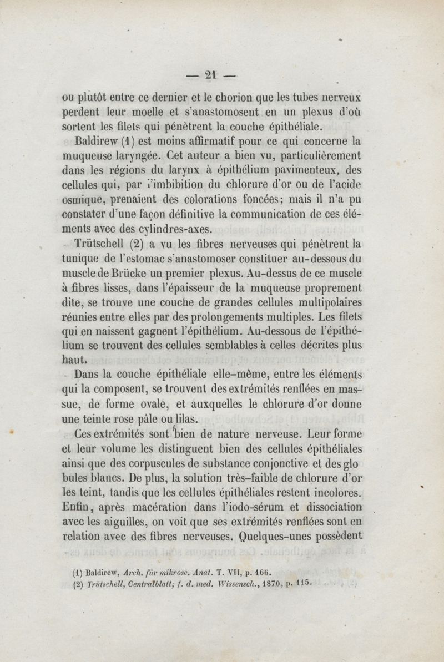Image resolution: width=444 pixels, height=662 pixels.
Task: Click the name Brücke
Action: point(131,274)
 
